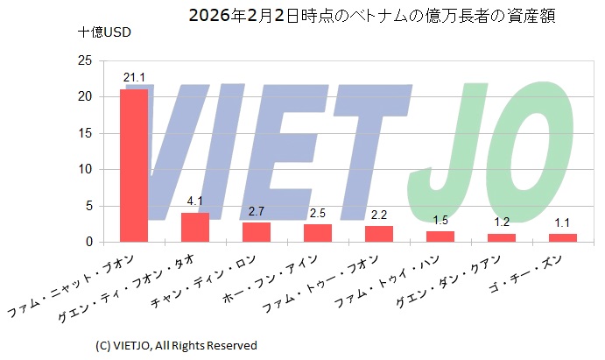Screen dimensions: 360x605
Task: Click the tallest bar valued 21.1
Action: (134, 166)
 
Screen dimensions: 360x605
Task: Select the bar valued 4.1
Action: (195, 227)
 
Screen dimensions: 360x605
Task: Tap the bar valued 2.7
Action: (257, 232)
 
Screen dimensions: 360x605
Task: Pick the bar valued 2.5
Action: (318, 233)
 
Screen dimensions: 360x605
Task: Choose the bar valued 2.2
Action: (379, 234)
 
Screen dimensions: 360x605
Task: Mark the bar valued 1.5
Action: (440, 236)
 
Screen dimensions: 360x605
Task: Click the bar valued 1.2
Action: (502, 237)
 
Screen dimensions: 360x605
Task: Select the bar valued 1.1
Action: (563, 237)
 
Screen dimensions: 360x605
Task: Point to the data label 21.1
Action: (134, 80)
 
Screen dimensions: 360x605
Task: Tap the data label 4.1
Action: (195, 202)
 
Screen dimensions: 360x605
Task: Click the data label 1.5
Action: (440, 221)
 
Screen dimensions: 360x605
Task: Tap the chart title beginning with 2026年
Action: (372, 15)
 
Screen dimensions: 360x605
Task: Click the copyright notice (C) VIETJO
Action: (175, 344)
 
